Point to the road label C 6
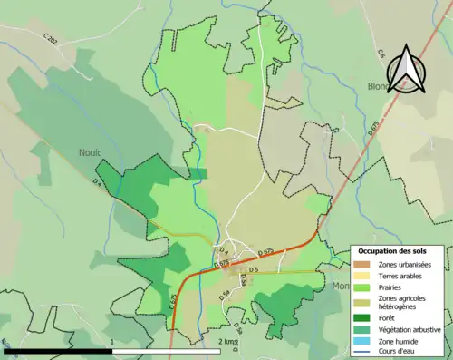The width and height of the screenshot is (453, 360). pos(382,54)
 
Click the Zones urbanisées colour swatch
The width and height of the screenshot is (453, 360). pos(361,264)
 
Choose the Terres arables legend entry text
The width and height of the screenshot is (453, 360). pos(399,276)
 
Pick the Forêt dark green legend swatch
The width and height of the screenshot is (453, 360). pos(361,317)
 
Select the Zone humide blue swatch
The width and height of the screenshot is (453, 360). pos(361,339)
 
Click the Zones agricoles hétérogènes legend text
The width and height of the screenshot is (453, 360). pos(404,302)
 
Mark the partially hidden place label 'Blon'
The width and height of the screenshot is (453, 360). pos(379,87)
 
